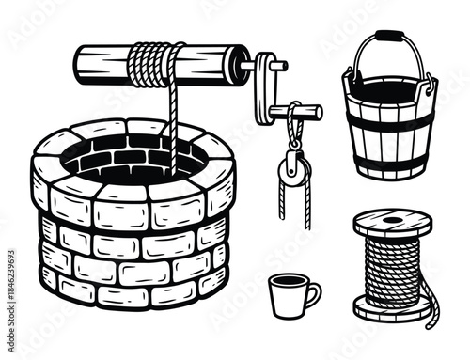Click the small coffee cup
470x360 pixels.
click(x=289, y=296)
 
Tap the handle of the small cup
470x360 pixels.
click(x=312, y=295)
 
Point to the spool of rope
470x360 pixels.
click(x=393, y=266)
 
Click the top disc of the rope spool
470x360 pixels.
click(x=393, y=223)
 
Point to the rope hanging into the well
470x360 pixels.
click(x=172, y=127)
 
